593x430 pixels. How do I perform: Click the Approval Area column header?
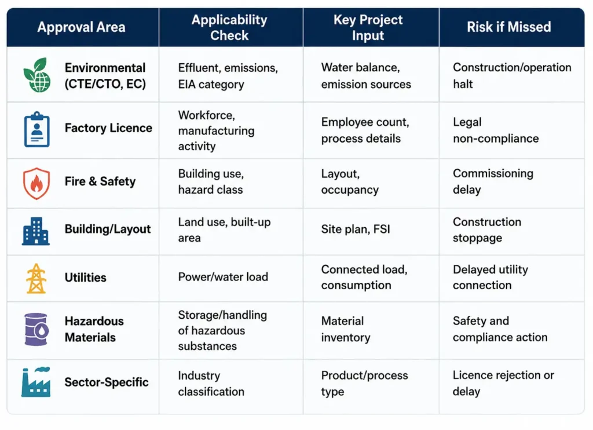point(81,27)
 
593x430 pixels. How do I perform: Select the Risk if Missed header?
point(508,27)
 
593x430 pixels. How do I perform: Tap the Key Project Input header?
point(368,27)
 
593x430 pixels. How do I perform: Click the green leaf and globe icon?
point(36,75)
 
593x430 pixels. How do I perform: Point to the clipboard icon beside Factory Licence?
point(36,129)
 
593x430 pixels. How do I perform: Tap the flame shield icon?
point(36,183)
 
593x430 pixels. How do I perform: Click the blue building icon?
point(36,231)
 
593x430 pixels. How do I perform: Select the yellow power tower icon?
point(36,279)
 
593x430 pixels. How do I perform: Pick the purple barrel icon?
point(36,329)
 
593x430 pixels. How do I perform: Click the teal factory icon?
point(36,382)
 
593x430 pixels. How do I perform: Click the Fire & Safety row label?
point(100,181)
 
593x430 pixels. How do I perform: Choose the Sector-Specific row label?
point(107,382)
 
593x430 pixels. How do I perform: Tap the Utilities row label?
point(86,278)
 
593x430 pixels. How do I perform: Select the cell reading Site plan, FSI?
point(356,229)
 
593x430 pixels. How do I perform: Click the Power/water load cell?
point(223,277)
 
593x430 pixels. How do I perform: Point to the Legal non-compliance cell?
point(496,130)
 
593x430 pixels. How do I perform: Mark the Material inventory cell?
point(346,329)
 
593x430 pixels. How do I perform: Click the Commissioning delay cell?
point(493,181)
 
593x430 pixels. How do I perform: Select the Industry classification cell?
point(211,384)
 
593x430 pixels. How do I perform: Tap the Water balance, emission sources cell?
point(366,76)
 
